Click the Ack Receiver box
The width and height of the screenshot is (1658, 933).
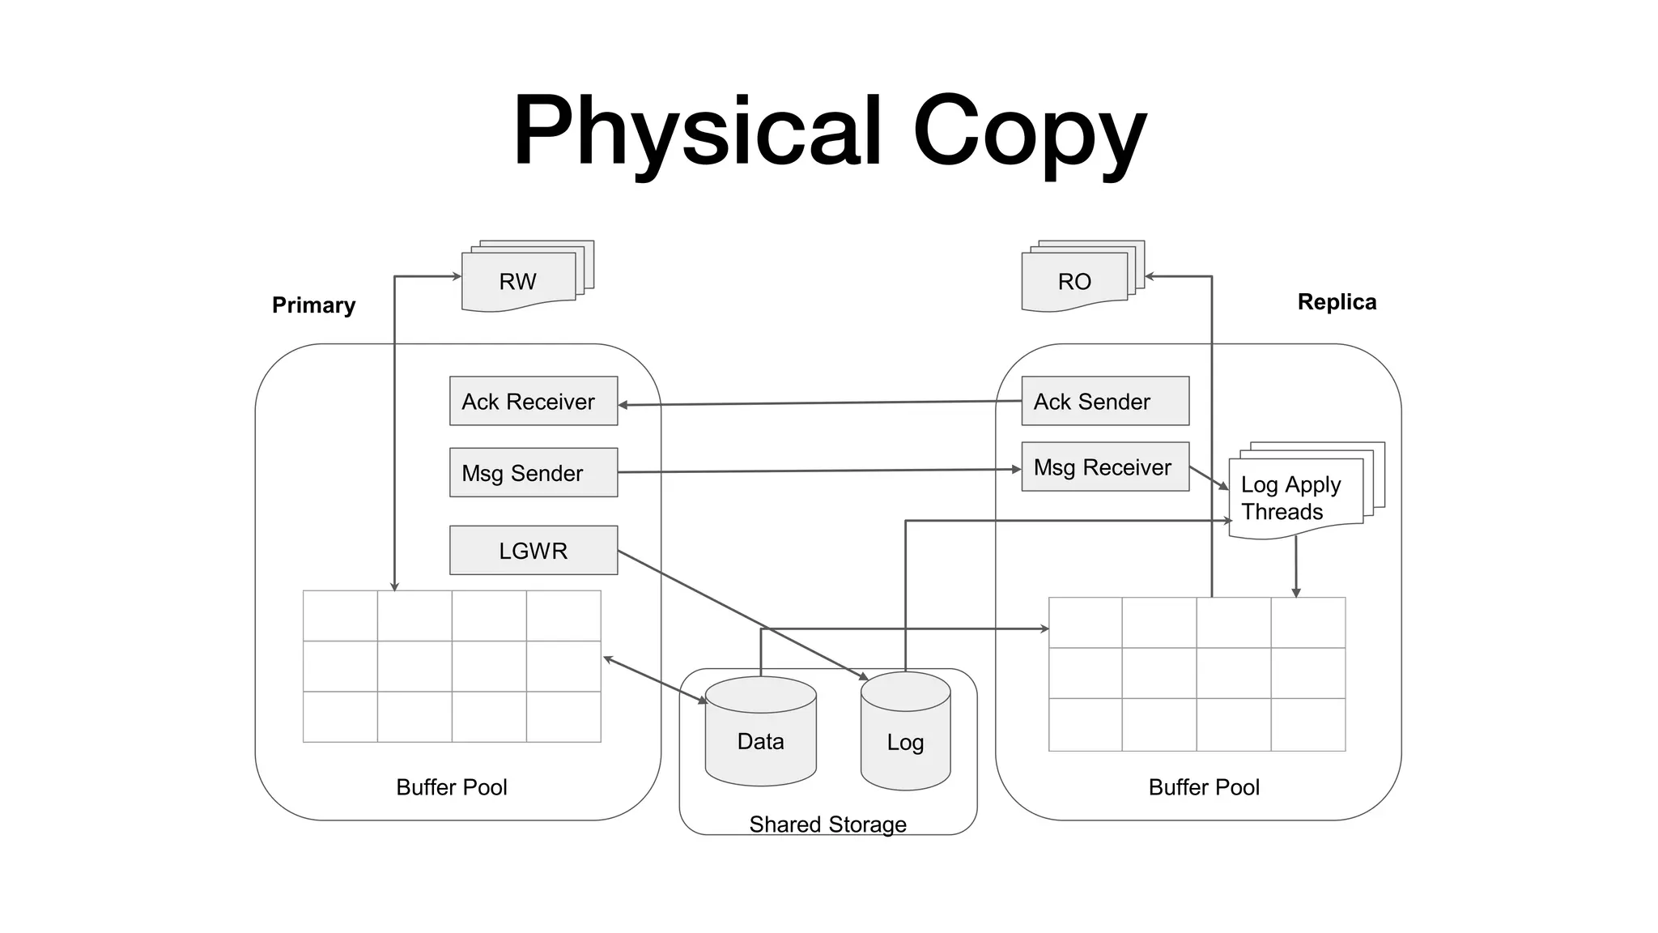pos(533,401)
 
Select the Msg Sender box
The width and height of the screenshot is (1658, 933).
pos(533,472)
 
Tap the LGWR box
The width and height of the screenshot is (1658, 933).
pos(533,550)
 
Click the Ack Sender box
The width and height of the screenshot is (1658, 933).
pos(1105,401)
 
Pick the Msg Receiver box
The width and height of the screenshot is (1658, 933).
pos(1105,466)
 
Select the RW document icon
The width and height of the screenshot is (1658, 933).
pos(518,281)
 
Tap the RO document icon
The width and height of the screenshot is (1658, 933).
pos(1074,281)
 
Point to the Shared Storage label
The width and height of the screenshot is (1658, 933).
pos(827,824)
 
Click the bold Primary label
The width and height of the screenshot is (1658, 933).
pos(313,305)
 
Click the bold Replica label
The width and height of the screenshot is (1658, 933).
pos(1337,302)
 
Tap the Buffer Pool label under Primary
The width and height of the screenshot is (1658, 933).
pos(451,786)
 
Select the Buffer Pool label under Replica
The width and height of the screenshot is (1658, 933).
pos(1204,786)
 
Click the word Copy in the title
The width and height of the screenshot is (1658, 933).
pos(1030,131)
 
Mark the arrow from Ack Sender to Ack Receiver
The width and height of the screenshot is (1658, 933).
pos(818,403)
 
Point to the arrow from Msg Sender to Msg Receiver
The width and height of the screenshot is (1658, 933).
pos(818,471)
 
